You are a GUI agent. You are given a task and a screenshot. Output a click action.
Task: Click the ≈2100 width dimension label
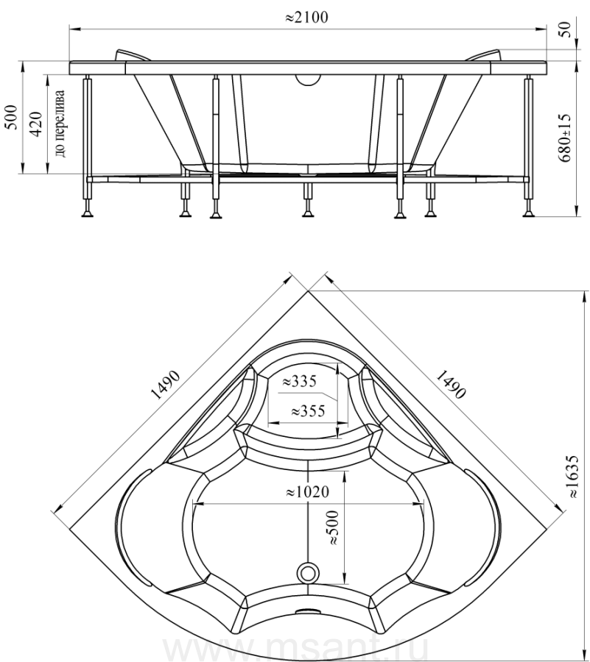[x=306, y=18]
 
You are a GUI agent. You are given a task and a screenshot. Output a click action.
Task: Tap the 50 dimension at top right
[x=566, y=29]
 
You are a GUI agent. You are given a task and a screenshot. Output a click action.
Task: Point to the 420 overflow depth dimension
[x=36, y=124]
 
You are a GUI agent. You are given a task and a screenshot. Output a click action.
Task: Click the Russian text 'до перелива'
[x=60, y=124]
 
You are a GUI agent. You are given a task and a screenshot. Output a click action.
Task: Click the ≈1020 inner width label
[x=307, y=492]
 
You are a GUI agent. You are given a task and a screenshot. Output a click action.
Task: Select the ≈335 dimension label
[x=299, y=381]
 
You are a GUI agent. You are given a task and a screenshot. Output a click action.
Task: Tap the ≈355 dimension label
[x=308, y=410]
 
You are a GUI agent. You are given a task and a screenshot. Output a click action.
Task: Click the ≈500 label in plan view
[x=333, y=527]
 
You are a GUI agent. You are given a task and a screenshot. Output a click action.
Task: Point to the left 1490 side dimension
[x=165, y=385]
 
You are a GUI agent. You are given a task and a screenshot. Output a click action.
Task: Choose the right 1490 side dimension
[x=451, y=385]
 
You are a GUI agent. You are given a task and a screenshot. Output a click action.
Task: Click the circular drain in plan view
[x=307, y=573]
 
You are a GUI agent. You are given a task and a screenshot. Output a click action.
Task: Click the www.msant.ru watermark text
[x=295, y=650]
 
